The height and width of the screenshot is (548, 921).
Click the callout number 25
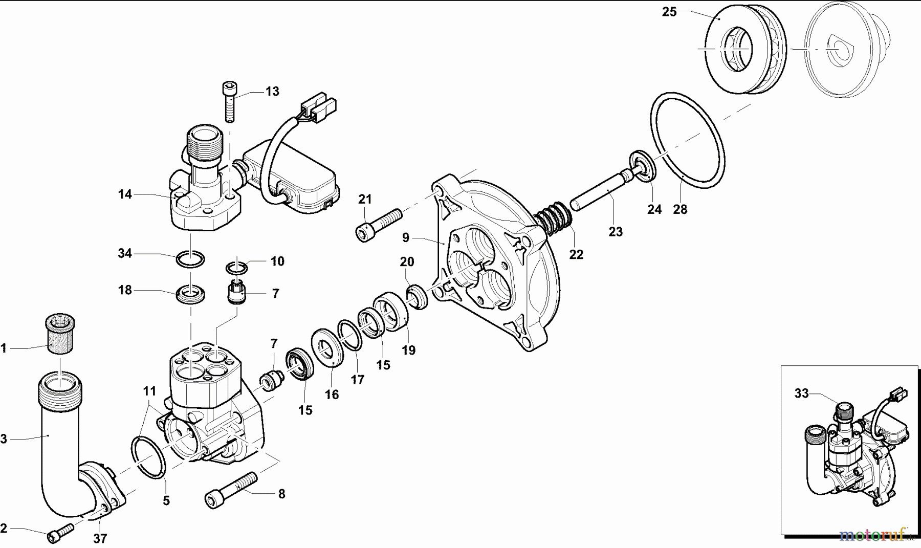coord(669,12)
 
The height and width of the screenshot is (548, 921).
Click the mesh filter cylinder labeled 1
coord(57,333)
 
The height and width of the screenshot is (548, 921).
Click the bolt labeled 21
coord(379,224)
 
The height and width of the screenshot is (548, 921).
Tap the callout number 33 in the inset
coord(801,393)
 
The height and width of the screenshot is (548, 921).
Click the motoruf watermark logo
coord(873,534)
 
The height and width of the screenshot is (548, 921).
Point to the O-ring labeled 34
coord(190,259)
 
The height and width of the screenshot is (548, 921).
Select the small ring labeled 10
coord(236,268)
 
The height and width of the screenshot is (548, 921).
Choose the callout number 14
coord(125,194)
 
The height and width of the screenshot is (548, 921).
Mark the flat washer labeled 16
coord(325,349)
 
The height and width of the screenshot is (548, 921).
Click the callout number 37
coord(100,538)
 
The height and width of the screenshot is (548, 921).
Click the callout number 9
coord(406,237)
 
